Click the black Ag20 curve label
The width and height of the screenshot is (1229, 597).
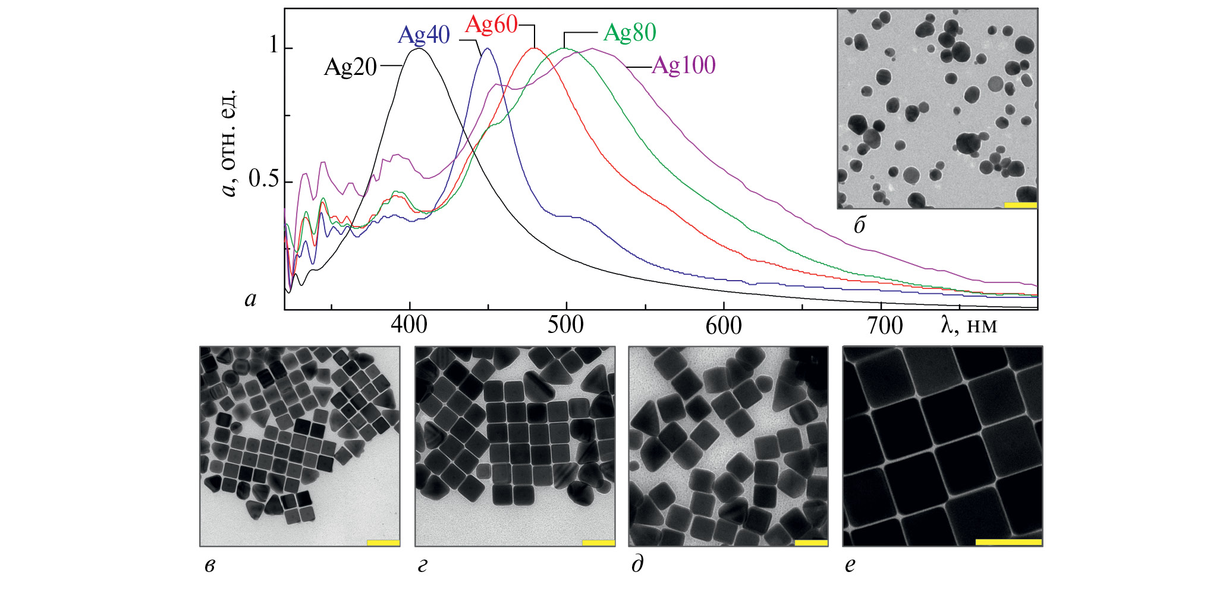coord(350,67)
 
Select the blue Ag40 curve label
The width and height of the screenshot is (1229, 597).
coord(423,35)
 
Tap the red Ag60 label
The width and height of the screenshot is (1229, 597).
coord(491,25)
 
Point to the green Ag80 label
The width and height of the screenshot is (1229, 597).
coord(630,33)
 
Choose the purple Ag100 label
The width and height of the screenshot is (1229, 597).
coord(684,65)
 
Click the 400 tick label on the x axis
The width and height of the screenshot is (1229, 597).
coord(409,325)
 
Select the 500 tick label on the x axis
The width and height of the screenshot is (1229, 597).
coord(566,325)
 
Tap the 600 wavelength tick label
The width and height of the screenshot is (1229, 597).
coord(724,325)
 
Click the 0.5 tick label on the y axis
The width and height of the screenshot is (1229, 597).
coord(263,178)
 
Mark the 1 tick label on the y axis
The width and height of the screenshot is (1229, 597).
coord(274,45)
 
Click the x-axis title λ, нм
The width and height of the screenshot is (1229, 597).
coord(969,325)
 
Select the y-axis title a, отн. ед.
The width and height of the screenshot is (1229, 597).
coord(228,143)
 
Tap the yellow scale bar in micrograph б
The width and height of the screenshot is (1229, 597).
coord(1020,205)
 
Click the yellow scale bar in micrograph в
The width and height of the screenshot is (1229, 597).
coord(383,542)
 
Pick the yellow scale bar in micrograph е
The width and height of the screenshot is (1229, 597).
coord(1008,542)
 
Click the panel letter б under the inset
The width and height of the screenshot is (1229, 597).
coord(859,225)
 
